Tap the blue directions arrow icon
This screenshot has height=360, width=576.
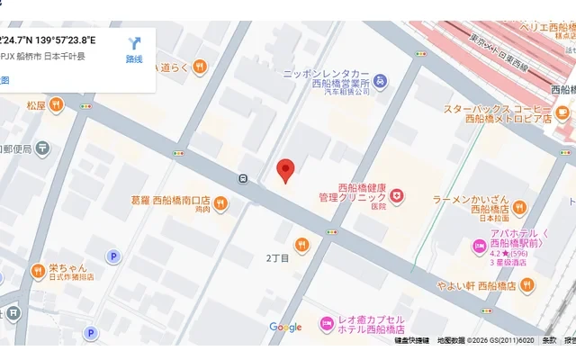(135, 43)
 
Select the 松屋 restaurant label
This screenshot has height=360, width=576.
(35, 105)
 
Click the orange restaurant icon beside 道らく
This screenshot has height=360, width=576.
(200, 66)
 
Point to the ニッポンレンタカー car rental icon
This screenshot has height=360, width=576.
(381, 82)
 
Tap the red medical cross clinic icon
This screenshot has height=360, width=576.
(397, 195)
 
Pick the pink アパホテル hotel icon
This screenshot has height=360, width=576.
(478, 245)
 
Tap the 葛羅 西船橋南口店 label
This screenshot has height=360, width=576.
(170, 201)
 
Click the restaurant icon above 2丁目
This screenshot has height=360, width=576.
(301, 243)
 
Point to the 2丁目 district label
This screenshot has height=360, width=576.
(277, 259)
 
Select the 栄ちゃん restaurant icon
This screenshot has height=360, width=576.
(38, 269)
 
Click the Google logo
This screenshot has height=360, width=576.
(285, 328)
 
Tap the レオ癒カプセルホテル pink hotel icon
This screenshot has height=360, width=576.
(327, 322)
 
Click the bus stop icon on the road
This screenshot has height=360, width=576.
(243, 178)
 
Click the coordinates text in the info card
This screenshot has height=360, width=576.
(49, 40)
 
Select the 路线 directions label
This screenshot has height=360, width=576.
(134, 59)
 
